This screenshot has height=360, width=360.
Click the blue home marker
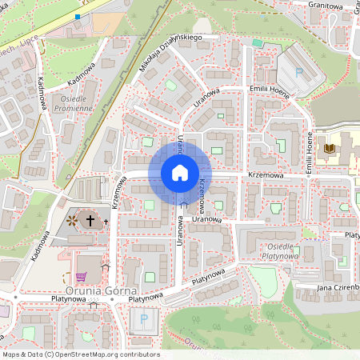(x=179, y=172)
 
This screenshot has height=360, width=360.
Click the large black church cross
(x=90, y=219)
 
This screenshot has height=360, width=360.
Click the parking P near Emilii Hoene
(x=299, y=72)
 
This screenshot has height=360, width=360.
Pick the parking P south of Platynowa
(x=144, y=319)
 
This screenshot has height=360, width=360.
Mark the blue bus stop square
(x=78, y=15)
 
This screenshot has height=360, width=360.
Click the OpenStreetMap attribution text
(x=80, y=354)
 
